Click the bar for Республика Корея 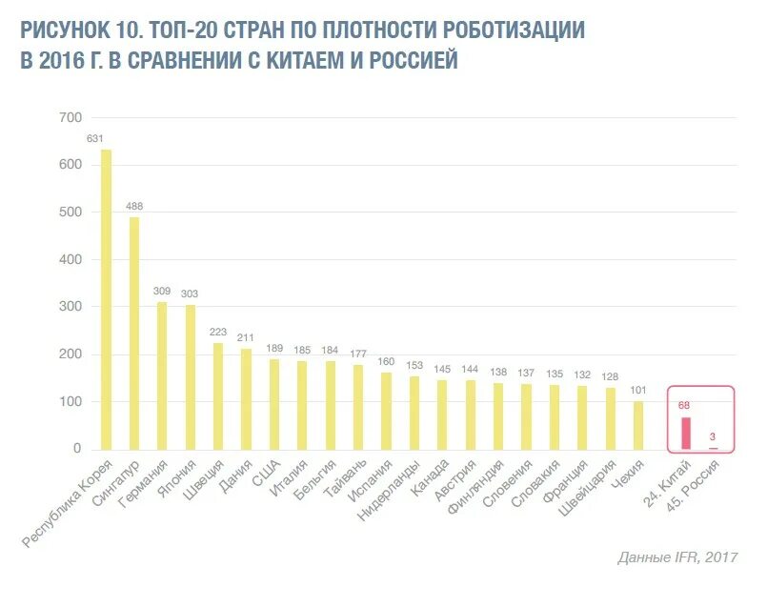[106, 299]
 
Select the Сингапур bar [134, 334]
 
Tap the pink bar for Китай [685, 434]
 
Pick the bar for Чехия [637, 425]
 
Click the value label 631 [95, 138]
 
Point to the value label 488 [134, 207]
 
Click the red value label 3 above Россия [713, 436]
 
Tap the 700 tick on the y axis [70, 117]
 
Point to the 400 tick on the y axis [70, 259]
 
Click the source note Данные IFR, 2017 [677, 557]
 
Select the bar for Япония [190, 376]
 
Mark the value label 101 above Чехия [637, 389]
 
